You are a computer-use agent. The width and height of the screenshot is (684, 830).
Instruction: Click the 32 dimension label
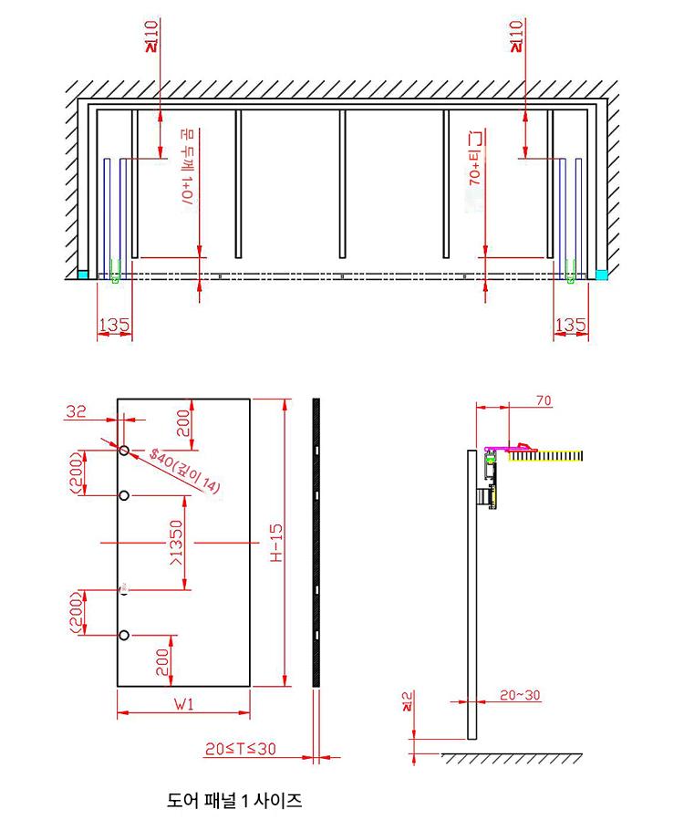pos(76,412)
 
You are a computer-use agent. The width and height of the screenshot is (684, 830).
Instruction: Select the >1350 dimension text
pos(176,543)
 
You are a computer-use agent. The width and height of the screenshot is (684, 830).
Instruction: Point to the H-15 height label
pos(276,544)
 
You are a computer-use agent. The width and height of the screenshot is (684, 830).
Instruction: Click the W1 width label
pos(183,703)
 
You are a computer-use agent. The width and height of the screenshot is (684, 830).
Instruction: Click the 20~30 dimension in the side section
pos(521,695)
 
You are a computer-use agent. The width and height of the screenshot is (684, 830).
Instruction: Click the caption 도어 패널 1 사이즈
pos(234,802)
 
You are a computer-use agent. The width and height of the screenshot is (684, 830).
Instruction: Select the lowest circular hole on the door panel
pos(124,635)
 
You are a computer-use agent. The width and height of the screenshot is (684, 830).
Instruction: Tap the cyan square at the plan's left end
pos(83,274)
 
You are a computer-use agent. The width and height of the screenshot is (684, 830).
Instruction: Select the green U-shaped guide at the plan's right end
pos(569,272)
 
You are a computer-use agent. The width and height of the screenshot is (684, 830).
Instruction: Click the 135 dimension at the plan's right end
pos(570,325)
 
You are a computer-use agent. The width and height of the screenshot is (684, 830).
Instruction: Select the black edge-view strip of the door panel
pos(316,543)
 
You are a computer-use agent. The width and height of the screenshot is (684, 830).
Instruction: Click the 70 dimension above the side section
pos(544,400)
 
